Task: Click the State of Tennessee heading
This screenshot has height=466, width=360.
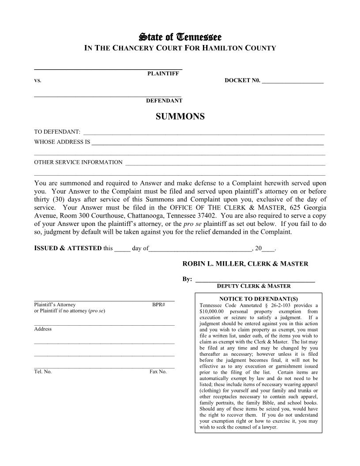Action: point(180,37)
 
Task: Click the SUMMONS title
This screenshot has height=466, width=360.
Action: point(180,116)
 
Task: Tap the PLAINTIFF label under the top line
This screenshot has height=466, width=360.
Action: point(163,74)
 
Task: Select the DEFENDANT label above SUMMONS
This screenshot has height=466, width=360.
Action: point(164,101)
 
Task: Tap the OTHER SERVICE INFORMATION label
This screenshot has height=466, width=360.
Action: point(78,162)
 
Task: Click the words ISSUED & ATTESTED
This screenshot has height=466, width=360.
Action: point(68,248)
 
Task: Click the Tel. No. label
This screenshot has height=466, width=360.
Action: point(43,372)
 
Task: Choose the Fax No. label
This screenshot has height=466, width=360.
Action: point(158,372)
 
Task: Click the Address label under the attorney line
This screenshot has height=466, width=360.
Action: point(43,329)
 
